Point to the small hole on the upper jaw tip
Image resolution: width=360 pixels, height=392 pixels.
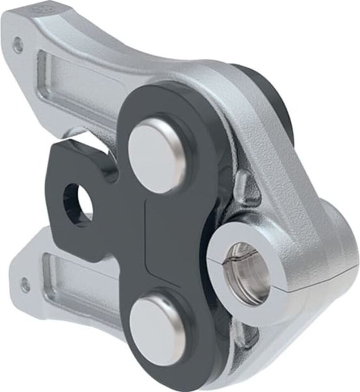(x=18, y=45)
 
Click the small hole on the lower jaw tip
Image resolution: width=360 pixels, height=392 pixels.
(x=25, y=283)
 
